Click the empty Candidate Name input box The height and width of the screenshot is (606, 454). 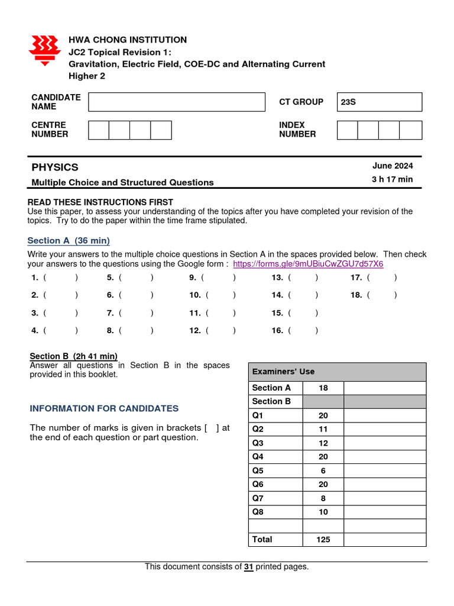(x=177, y=102)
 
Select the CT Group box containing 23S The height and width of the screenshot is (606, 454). (x=380, y=102)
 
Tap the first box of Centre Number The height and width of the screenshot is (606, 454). (x=99, y=130)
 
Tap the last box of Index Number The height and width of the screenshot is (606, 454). (x=411, y=130)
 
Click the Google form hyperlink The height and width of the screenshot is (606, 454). (x=308, y=263)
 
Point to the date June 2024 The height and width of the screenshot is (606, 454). (x=393, y=166)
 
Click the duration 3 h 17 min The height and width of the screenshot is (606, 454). (x=393, y=179)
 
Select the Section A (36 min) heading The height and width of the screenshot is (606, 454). (x=69, y=240)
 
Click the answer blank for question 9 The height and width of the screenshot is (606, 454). (x=218, y=277)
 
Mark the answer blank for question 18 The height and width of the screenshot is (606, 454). (x=381, y=295)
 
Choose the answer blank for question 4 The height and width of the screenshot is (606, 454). (x=60, y=331)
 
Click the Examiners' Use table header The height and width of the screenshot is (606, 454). (x=337, y=372)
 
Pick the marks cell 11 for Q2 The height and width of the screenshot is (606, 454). (x=323, y=429)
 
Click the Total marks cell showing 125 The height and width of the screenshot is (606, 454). (x=323, y=539)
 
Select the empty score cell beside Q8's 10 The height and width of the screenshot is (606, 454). (x=384, y=512)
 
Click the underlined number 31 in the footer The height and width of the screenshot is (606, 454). (x=249, y=566)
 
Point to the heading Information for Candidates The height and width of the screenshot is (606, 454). (x=104, y=408)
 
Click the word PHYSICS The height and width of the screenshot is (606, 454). (x=55, y=167)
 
